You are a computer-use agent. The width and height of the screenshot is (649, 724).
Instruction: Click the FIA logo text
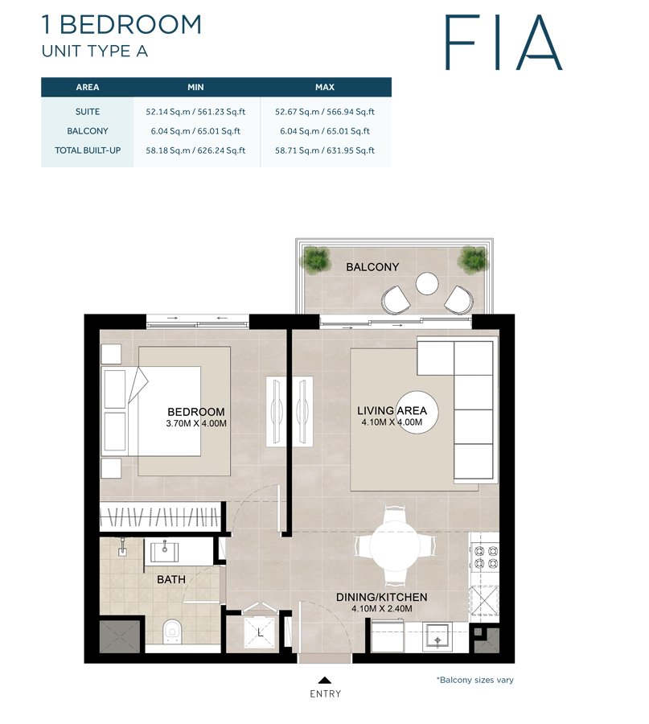coord(503,41)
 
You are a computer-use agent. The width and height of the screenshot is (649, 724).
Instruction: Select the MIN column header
coord(197,87)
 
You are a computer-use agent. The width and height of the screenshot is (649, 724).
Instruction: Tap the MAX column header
coord(325,87)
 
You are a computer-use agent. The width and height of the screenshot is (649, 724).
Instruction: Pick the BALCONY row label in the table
coord(87,131)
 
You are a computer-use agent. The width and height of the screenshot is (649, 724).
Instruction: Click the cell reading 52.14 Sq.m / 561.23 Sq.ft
coord(197,112)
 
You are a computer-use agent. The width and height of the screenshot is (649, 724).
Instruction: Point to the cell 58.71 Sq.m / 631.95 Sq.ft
coord(325,150)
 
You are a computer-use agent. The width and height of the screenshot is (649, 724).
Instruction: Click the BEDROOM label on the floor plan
coord(196,412)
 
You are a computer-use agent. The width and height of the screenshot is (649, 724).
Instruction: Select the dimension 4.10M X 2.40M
coord(382,609)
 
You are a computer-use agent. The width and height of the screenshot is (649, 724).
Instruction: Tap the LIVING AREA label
coord(392,411)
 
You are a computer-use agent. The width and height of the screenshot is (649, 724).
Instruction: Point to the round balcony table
coord(426,284)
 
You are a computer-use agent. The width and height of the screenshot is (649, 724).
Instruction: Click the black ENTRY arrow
coord(325,679)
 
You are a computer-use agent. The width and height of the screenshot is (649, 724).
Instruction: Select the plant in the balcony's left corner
coord(316,259)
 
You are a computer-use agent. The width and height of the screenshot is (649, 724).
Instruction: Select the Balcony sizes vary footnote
coord(474,680)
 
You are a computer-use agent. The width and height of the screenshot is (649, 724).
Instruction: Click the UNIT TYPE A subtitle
coord(94,51)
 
